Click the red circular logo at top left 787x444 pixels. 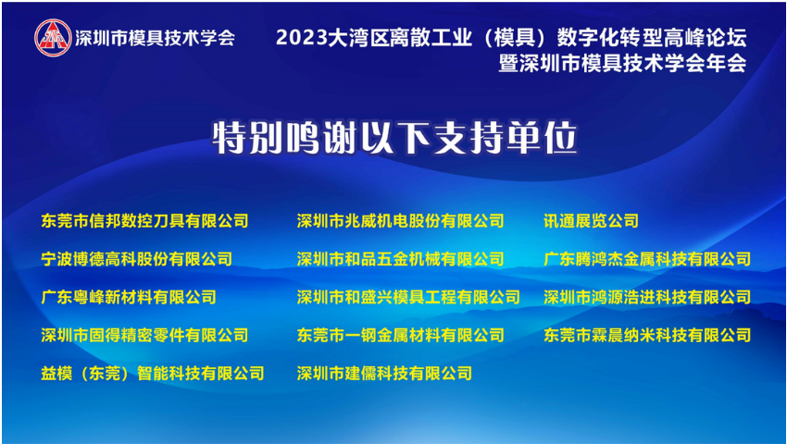point(53,38)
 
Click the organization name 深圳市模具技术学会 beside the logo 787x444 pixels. point(156,38)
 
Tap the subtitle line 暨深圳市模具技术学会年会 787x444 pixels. point(622,64)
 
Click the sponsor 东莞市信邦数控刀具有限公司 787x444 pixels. point(144,221)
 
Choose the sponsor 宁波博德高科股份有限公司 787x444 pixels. point(136,259)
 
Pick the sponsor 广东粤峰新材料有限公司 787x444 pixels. point(129,297)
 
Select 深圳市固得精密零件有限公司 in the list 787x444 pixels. point(144,335)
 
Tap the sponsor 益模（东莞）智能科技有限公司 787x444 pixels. point(153,374)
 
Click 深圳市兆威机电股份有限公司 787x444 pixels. point(400,221)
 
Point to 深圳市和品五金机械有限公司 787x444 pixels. point(400,259)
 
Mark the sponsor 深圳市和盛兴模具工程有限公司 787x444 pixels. point(408,297)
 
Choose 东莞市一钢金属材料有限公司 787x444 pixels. point(400,335)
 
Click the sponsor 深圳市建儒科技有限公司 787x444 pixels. point(384,374)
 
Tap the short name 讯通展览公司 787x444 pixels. point(591,221)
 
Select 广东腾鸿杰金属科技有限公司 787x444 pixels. point(647,259)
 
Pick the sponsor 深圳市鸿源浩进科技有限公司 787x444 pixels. point(647,297)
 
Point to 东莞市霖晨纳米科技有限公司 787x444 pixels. point(647,335)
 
